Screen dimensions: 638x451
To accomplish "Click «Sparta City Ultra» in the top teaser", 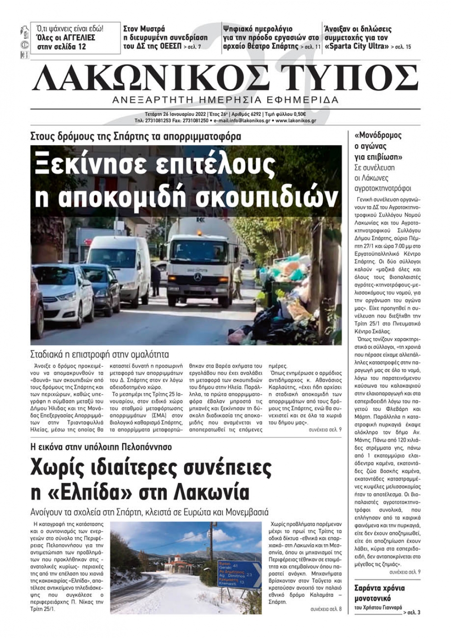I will (356, 46).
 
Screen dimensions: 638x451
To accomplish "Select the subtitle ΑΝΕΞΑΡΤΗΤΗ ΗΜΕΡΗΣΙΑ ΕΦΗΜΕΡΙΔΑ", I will (225, 100).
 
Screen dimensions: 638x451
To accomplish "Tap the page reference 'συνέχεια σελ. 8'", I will (326, 609).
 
